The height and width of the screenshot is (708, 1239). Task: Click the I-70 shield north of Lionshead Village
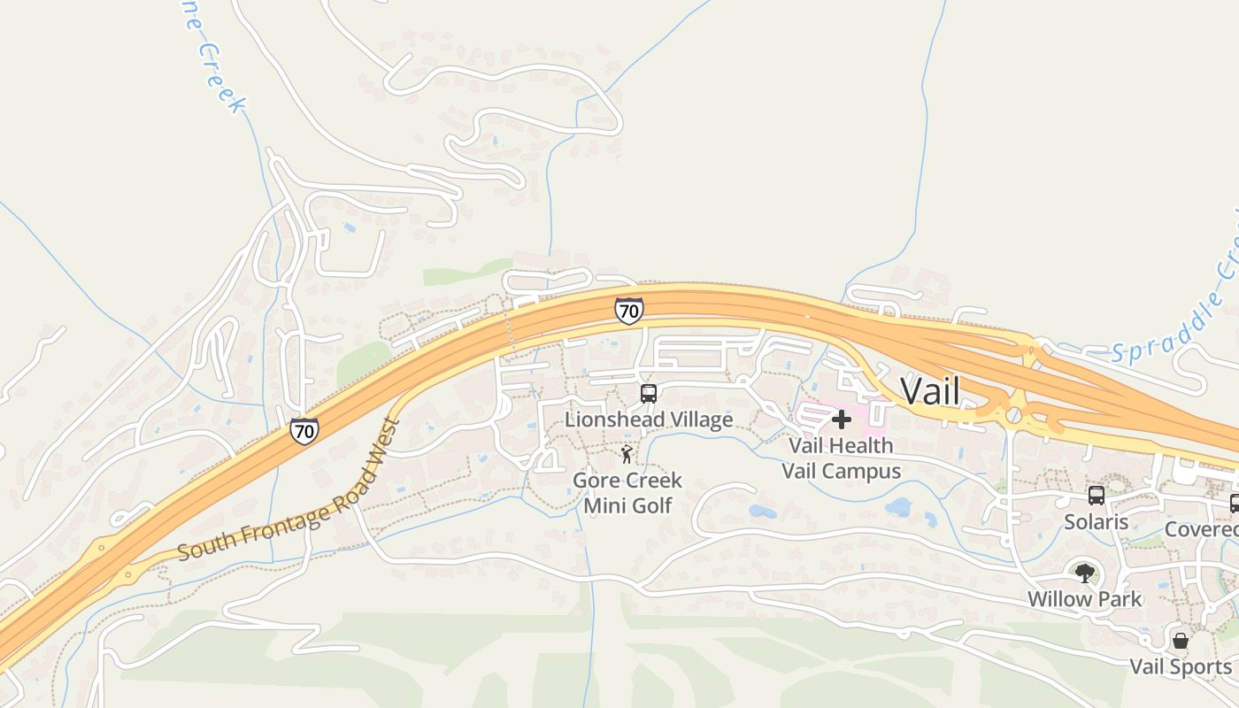[x=628, y=311]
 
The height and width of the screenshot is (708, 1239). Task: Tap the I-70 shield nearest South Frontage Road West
[x=304, y=431]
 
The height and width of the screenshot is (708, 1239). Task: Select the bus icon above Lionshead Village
[x=649, y=393]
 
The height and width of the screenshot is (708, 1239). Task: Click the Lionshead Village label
[x=649, y=419]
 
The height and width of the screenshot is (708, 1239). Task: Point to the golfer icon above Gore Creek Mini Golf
[x=627, y=455]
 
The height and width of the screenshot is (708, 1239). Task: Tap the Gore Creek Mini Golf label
[x=627, y=493]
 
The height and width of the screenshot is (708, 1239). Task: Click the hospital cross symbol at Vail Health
[x=841, y=419]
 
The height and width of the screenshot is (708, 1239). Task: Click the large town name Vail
[x=929, y=391]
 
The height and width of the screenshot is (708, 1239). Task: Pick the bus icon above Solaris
[x=1097, y=496]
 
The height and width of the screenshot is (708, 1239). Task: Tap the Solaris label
[x=1097, y=521]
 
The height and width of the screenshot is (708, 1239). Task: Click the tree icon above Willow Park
[x=1084, y=573]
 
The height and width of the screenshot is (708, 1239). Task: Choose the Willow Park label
[x=1084, y=599]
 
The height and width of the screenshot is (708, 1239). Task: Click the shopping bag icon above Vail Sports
[x=1180, y=641]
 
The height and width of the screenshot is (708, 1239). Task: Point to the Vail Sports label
[x=1181, y=666]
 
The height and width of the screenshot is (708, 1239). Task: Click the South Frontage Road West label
[x=290, y=489]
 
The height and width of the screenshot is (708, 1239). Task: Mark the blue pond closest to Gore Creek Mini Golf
[x=762, y=512]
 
